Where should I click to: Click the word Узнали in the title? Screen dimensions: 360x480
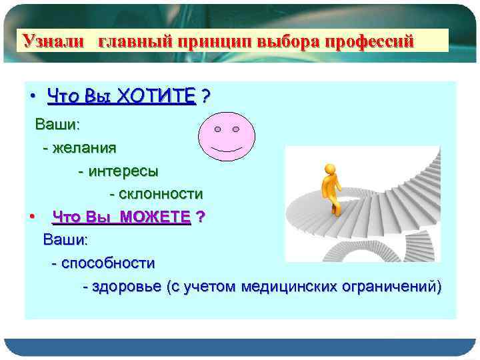point(54,42)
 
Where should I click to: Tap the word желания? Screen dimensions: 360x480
point(84,147)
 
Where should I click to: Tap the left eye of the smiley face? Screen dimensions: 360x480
point(217,128)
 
